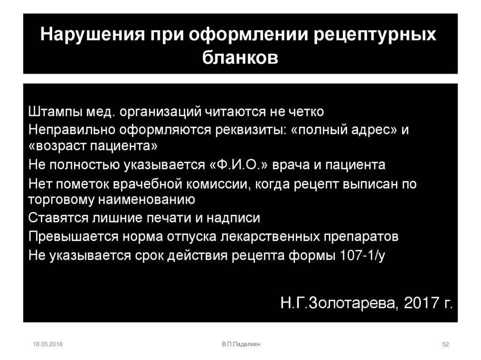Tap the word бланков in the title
pyautogui.click(x=240, y=59)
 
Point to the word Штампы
pyautogui.click(x=54, y=112)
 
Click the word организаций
pyautogui.click(x=160, y=113)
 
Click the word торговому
pyautogui.click(x=61, y=200)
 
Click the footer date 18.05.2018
pyautogui.click(x=48, y=345)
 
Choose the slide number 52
pyautogui.click(x=446, y=345)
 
